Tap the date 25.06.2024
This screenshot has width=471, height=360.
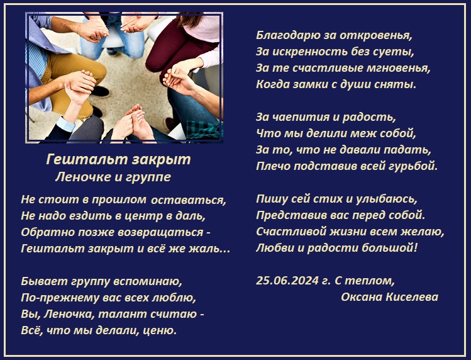point(287,281)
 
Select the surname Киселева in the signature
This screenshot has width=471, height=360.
point(412,297)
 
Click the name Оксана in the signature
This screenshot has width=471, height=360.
point(362,297)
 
